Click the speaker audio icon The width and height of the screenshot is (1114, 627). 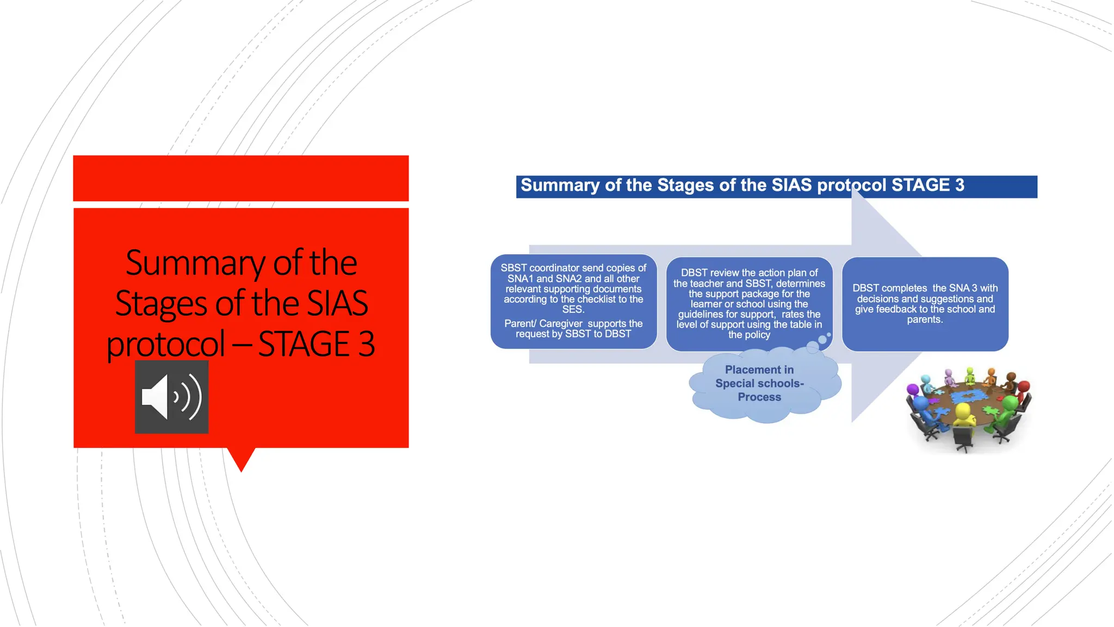[x=171, y=397]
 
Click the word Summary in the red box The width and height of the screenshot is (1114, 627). [x=196, y=263]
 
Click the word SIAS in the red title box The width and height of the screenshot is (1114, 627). [x=337, y=304]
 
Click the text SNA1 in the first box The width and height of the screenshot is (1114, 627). [x=521, y=279]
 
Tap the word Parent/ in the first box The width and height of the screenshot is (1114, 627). [x=520, y=324]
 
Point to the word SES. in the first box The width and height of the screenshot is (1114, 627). [x=573, y=310]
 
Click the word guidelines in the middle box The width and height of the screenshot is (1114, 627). [x=700, y=315]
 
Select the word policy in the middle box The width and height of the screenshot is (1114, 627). [x=757, y=335]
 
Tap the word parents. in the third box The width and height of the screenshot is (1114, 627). [x=925, y=320]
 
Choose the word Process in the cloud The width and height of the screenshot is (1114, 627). [x=759, y=397]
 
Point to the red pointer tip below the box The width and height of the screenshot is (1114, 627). [x=241, y=468]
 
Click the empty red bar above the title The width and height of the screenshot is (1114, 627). [x=241, y=178]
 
